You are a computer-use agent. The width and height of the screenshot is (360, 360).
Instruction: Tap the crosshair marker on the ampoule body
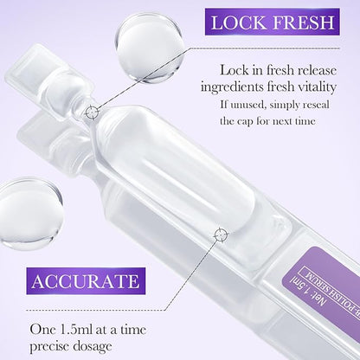pyautogui.click(x=221, y=234)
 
